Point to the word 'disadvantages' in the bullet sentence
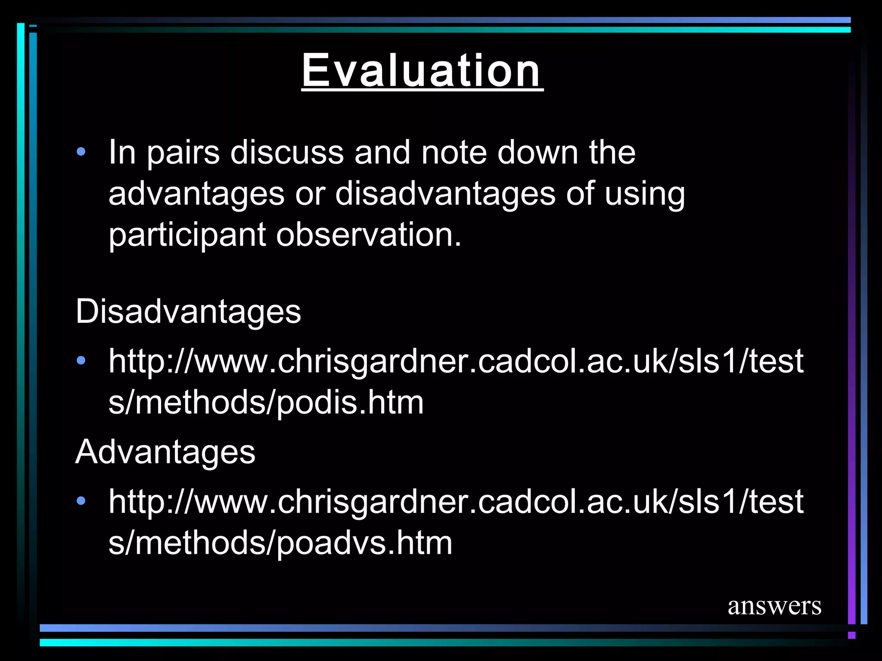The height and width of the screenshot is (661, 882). [445, 193]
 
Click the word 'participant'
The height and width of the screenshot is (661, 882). [187, 235]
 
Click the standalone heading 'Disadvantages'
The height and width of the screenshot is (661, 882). [188, 311]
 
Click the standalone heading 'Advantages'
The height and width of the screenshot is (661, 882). [165, 452]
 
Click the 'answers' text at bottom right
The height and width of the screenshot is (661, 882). [774, 606]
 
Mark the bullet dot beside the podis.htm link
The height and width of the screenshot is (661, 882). [81, 361]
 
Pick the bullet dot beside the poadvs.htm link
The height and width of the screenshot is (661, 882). [81, 501]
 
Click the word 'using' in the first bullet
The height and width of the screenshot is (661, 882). [644, 194]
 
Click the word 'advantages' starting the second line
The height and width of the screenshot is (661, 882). [196, 194]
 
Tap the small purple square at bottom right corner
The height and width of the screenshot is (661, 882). [851, 635]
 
